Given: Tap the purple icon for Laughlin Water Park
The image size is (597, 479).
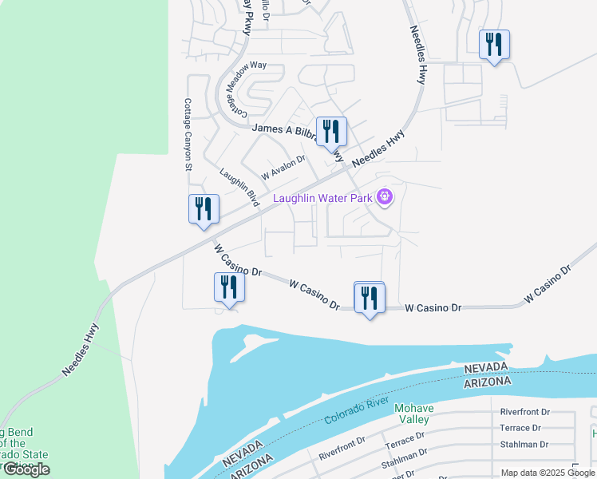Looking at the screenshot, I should pos(385,196).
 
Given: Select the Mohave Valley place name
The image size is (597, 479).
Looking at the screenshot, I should pos(413,414).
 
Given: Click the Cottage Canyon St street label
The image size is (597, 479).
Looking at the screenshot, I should pos(188,135).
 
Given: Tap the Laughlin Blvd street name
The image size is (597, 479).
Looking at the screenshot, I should pos(239,187).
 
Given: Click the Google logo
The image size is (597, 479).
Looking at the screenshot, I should pos(26,470).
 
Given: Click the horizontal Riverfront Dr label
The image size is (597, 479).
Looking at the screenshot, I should pos(525,413).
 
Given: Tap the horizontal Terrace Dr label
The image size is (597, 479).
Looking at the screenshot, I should pos(525,429).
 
